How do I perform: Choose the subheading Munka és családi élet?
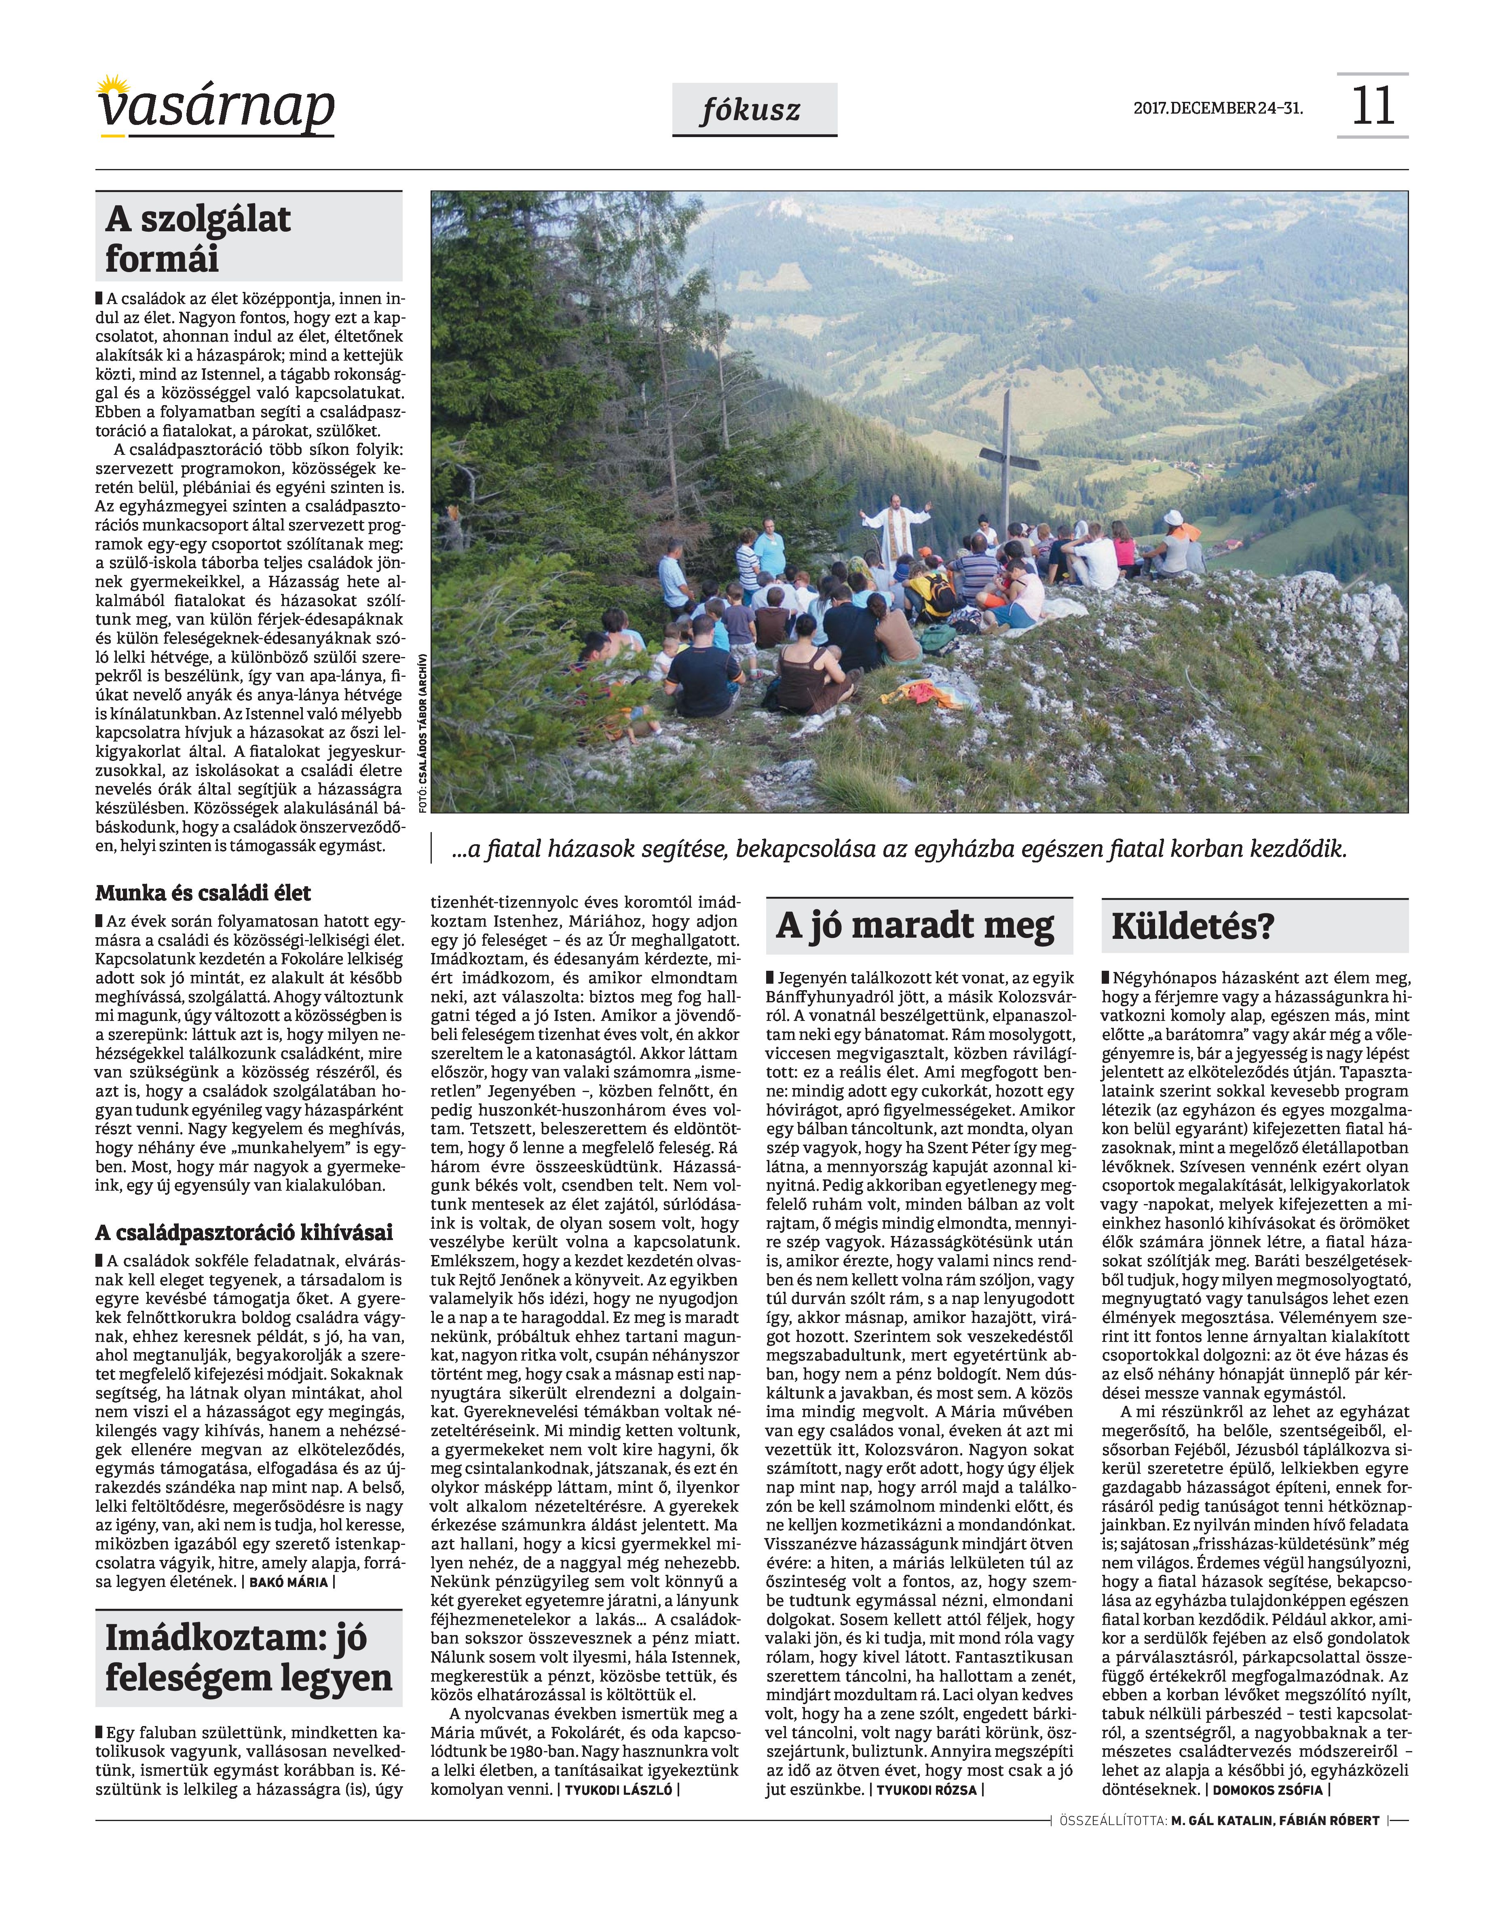[203, 893]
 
